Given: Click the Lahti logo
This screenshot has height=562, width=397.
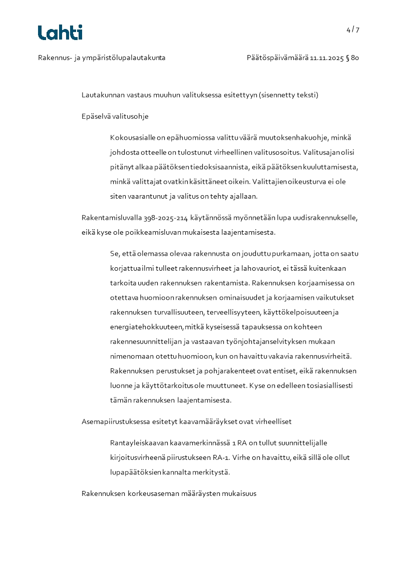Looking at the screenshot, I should (60, 33).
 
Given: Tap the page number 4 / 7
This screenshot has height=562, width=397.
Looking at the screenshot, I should (352, 30).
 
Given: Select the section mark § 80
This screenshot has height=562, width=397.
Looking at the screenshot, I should (352, 58).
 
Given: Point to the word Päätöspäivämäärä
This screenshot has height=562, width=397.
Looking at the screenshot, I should (277, 58).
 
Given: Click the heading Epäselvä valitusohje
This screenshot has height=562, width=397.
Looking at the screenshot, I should (115, 116).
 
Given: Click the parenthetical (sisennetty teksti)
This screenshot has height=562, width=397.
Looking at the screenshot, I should (288, 95).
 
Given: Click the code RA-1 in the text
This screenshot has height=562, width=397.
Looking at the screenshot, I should (223, 457).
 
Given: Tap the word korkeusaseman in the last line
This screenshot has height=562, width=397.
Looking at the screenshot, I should (151, 493).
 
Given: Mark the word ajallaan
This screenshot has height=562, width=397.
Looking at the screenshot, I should (242, 196).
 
